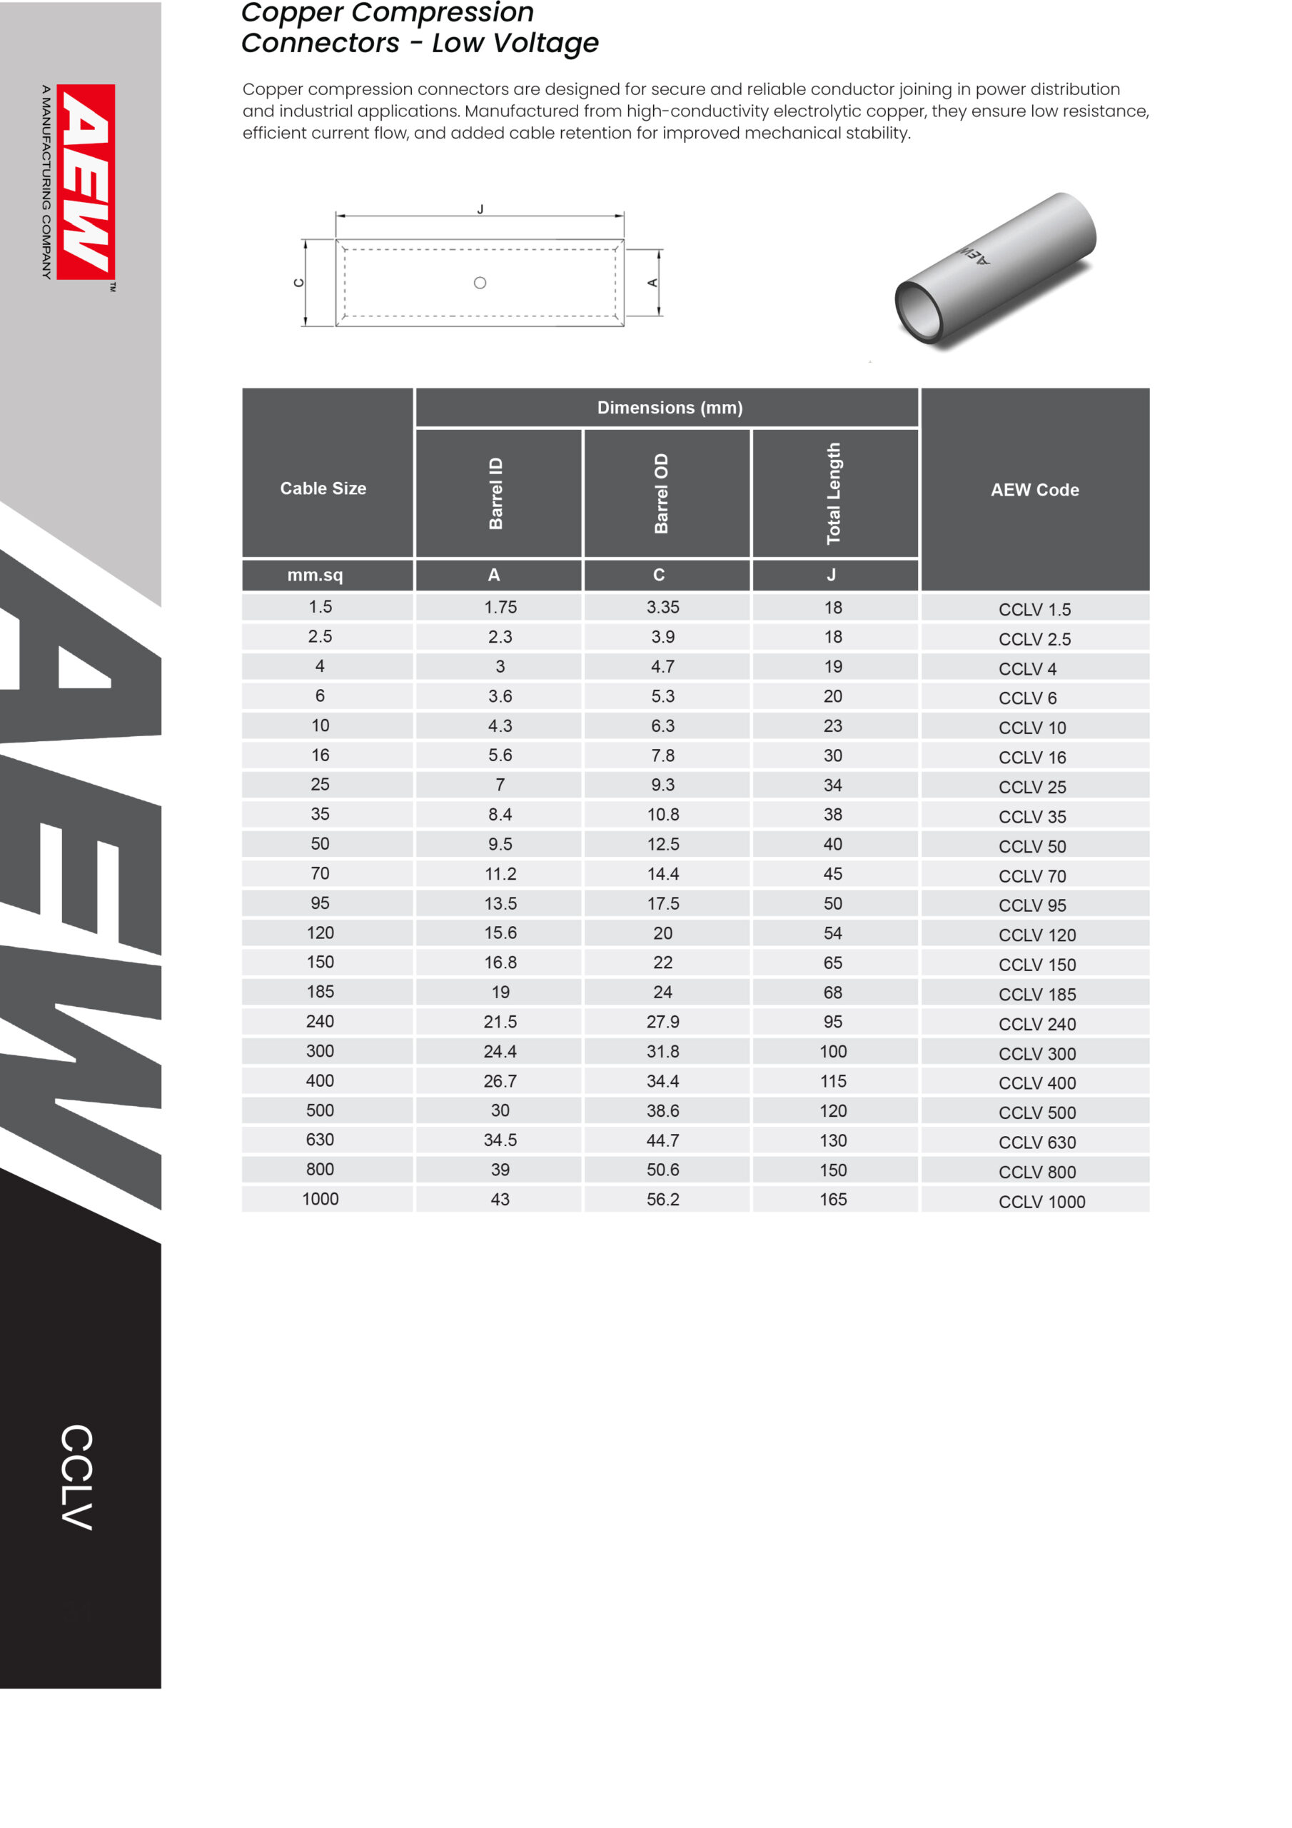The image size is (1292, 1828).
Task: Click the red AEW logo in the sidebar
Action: point(86,181)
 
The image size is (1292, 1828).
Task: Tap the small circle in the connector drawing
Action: point(480,283)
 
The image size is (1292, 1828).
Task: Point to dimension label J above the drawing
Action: point(480,209)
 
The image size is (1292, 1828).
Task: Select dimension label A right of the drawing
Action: point(652,283)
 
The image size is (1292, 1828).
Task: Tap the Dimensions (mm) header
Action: point(670,408)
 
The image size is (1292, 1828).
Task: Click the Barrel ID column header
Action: point(496,493)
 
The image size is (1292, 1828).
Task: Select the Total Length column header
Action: point(834,493)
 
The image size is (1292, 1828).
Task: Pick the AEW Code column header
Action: point(1034,490)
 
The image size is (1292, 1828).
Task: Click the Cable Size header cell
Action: point(323,488)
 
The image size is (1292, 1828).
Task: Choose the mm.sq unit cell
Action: point(316,575)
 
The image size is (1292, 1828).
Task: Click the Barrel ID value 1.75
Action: point(500,608)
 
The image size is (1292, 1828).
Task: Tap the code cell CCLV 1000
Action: point(1041,1202)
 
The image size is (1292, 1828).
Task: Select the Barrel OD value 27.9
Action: point(662,1022)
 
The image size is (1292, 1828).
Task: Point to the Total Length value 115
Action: point(833,1081)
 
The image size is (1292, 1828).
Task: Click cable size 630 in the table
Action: point(320,1140)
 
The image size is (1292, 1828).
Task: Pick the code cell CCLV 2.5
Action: point(1034,639)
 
